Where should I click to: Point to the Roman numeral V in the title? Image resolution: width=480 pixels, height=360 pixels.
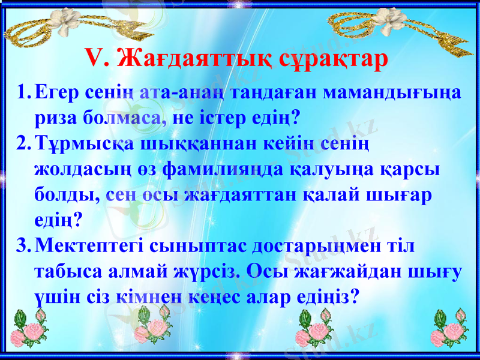coord(96,58)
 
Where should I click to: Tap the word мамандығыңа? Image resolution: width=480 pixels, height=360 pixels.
coord(392,94)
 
